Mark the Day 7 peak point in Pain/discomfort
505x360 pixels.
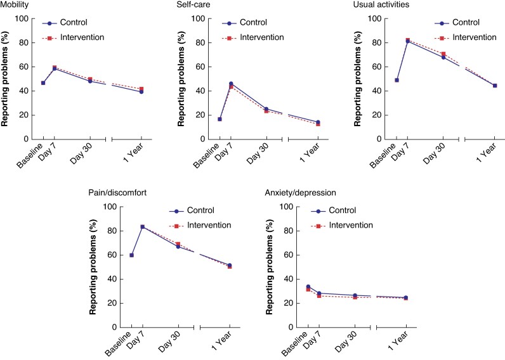[143, 227]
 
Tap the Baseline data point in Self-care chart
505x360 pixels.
[220, 119]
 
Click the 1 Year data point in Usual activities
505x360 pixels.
[495, 86]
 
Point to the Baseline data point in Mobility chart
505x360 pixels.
[43, 83]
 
